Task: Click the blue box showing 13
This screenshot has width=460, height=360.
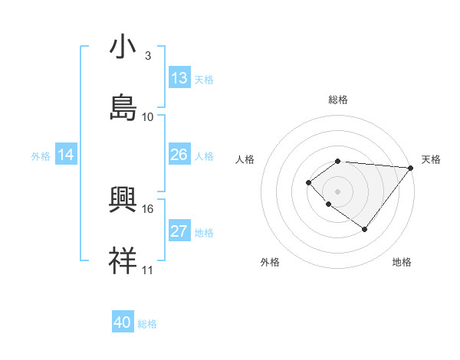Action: click(179, 78)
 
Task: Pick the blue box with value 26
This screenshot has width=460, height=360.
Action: click(179, 155)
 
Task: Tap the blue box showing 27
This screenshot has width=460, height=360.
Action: click(179, 231)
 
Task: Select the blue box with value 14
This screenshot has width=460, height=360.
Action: click(66, 155)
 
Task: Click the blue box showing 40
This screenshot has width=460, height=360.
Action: click(123, 322)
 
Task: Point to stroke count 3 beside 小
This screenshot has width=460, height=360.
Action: click(148, 56)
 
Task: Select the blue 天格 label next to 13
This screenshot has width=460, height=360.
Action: click(204, 80)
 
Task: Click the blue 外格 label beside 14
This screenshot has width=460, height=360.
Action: click(41, 156)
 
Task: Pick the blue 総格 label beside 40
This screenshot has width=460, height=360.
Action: click(147, 324)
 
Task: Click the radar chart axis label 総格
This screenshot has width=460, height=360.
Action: click(338, 100)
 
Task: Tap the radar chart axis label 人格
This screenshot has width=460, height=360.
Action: click(245, 159)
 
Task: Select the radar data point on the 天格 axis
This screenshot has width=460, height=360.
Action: click(411, 168)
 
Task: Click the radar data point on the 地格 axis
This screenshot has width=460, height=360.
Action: click(365, 229)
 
